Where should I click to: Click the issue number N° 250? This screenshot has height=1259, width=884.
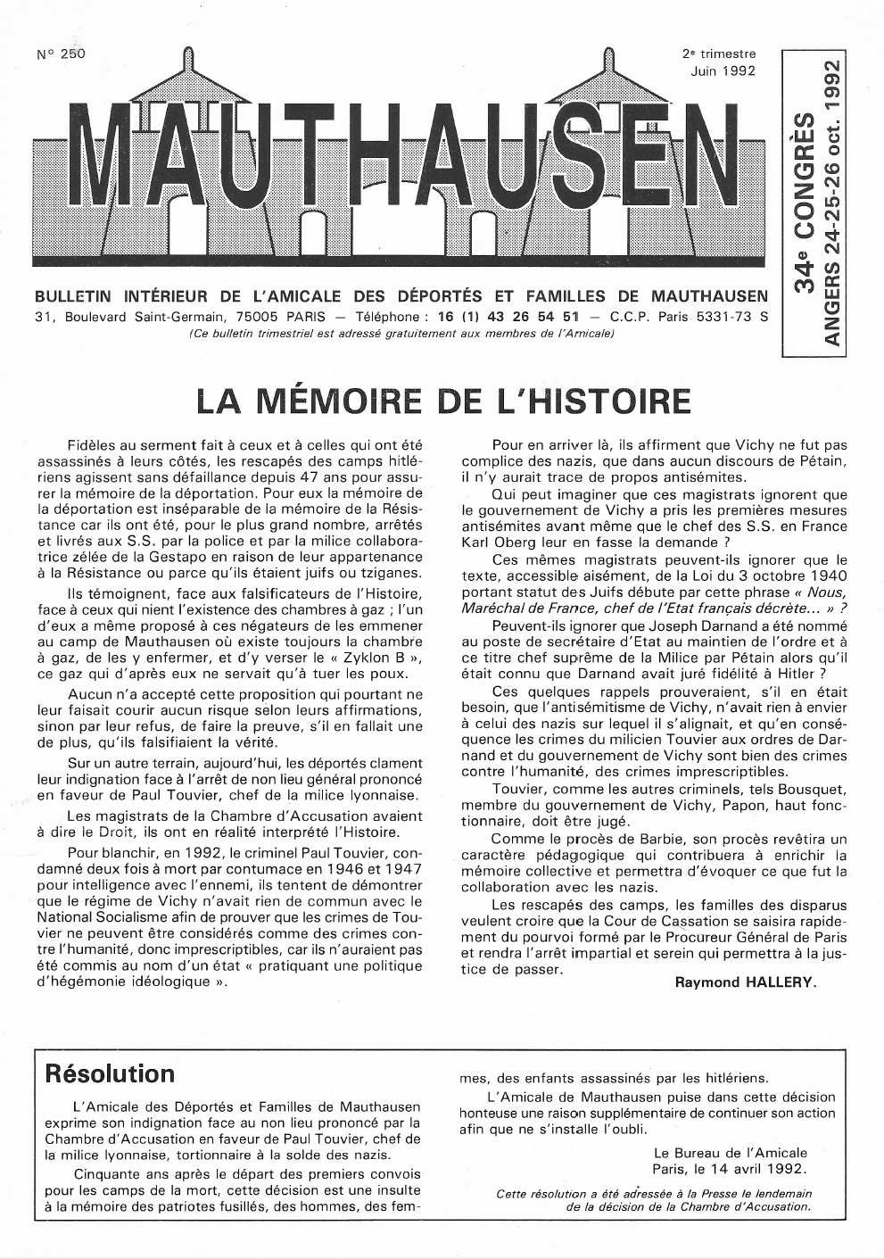click(x=61, y=54)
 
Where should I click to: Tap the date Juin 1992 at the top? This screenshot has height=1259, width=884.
click(x=722, y=70)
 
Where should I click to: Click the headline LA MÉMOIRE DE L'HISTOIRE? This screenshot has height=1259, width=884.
click(x=443, y=400)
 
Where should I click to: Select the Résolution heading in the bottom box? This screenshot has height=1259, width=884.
click(x=110, y=1073)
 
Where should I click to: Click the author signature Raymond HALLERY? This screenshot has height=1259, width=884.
click(x=746, y=982)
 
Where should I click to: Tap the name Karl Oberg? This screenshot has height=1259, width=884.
click(x=499, y=541)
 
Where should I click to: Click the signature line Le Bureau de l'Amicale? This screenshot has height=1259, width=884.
click(x=730, y=1153)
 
